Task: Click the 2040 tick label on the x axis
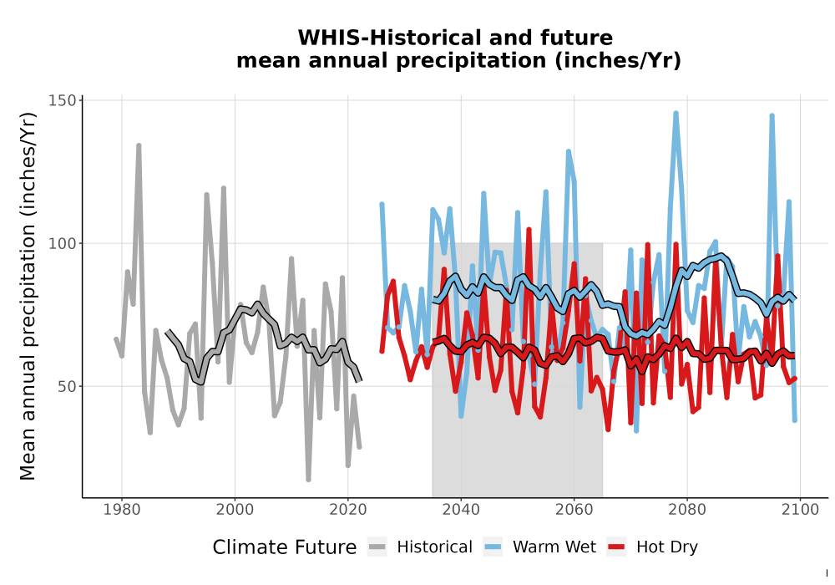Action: pos(461,510)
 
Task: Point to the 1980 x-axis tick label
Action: pos(122,510)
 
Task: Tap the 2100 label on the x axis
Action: pos(801,510)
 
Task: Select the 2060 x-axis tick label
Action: pos(574,510)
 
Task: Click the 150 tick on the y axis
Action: pos(63,100)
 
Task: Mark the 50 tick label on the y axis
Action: pos(67,386)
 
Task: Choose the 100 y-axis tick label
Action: pos(63,243)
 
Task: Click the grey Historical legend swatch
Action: pos(377,547)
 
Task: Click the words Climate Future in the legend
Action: pos(285,547)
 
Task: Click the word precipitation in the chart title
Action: pos(471,61)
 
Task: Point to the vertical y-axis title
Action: pos(28,296)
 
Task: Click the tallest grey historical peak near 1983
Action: pos(139,145)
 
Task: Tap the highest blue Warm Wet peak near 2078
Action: pos(676,114)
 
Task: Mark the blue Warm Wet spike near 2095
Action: pos(772,115)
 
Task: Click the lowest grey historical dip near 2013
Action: pos(308,479)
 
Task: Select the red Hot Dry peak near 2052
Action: pos(529,230)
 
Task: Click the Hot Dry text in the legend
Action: pos(666,547)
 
